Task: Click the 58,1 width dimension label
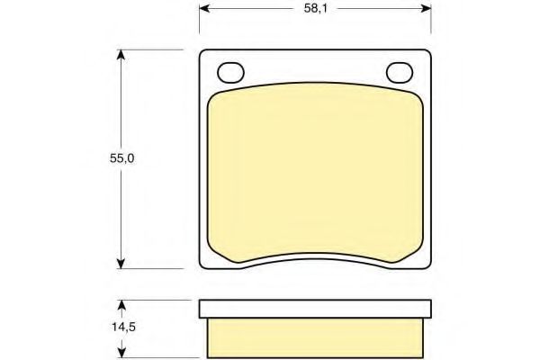pyautogui.click(x=316, y=9)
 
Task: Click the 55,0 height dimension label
pyautogui.click(x=121, y=158)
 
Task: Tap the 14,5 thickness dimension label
pyautogui.click(x=123, y=327)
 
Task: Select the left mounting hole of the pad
pyautogui.click(x=230, y=73)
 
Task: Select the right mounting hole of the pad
pyautogui.click(x=400, y=73)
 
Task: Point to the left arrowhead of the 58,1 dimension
pyautogui.click(x=204, y=8)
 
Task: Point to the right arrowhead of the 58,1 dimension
pyautogui.click(x=426, y=8)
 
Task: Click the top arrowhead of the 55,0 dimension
pyautogui.click(x=121, y=55)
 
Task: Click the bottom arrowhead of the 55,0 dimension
pyautogui.click(x=121, y=264)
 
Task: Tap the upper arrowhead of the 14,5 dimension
pyautogui.click(x=121, y=305)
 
